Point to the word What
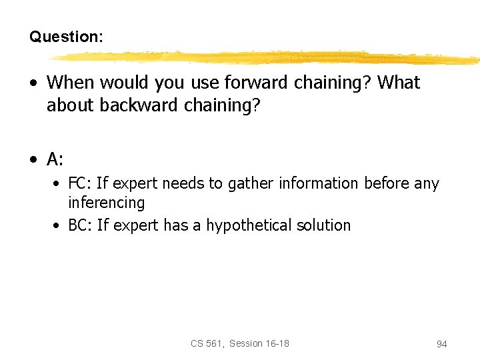coord(399,83)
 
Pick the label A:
coord(55,159)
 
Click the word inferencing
coord(106,203)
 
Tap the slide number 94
coord(441,344)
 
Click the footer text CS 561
coord(206,343)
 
